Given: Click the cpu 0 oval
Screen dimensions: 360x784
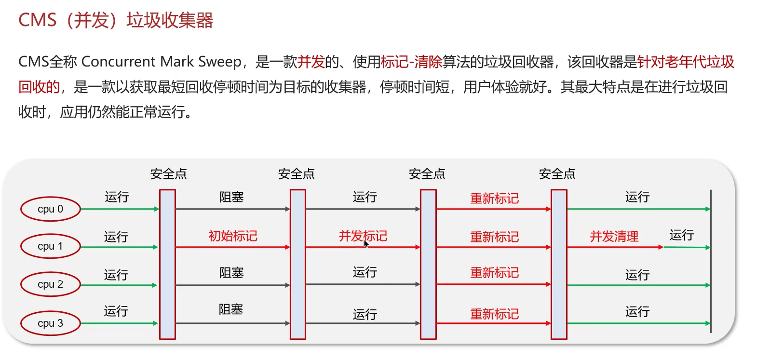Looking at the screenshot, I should click(x=50, y=209).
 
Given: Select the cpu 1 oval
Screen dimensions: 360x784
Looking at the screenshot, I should click(x=50, y=246).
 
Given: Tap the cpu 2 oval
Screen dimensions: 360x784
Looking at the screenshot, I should click(x=50, y=284).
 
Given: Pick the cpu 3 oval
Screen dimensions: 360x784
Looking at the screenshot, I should click(x=50, y=323).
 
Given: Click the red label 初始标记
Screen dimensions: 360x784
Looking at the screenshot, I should click(x=233, y=236).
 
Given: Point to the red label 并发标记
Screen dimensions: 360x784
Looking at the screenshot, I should click(x=363, y=236).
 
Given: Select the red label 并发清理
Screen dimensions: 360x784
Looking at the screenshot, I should click(x=614, y=237).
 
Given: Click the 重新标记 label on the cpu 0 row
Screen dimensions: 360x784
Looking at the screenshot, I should click(x=494, y=199).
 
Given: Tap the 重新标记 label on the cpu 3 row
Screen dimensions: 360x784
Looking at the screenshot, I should click(x=494, y=314).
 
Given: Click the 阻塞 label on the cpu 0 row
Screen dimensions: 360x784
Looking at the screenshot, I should click(x=231, y=197).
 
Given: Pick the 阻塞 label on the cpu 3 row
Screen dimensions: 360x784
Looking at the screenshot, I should click(x=231, y=309).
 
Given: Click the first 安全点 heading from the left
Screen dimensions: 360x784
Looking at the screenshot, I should click(x=168, y=174).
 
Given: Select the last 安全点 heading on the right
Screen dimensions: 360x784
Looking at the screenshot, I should click(x=557, y=174).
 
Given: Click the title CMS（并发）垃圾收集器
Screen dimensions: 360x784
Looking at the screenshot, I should click(x=116, y=21).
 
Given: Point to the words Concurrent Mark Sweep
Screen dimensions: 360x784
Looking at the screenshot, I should click(x=162, y=62).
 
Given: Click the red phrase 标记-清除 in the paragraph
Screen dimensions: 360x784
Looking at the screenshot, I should click(x=411, y=62).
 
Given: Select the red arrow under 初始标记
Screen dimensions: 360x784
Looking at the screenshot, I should click(x=232, y=247).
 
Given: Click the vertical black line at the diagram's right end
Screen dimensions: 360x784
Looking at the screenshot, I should click(x=711, y=260).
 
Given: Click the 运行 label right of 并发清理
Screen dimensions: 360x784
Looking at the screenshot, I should click(x=681, y=235).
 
